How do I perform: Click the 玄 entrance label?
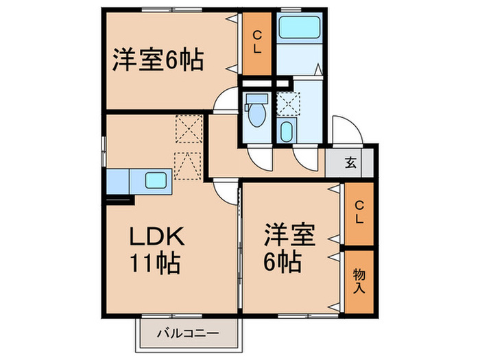pos(350,163)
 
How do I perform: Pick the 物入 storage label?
pos(359,281)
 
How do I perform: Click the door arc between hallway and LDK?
pos(225,189)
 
